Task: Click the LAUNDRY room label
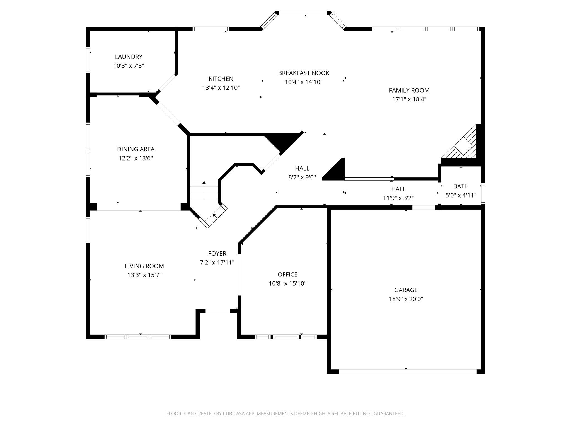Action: (129, 57)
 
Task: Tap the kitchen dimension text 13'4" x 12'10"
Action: (221, 88)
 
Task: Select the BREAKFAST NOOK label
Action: (304, 73)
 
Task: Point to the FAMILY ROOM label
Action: (409, 90)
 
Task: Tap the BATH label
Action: (461, 186)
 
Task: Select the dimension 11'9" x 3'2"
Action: (398, 198)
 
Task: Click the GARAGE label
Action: (406, 290)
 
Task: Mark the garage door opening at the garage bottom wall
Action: (407, 371)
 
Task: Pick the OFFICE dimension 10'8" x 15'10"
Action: (287, 283)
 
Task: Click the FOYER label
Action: (217, 254)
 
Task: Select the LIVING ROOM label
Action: (144, 266)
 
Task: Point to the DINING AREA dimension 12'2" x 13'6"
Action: (136, 158)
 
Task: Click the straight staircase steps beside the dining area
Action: (204, 190)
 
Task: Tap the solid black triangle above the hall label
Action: (282, 141)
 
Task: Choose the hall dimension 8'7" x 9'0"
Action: (302, 177)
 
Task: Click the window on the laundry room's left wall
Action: (88, 60)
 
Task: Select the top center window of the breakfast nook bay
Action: (303, 13)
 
